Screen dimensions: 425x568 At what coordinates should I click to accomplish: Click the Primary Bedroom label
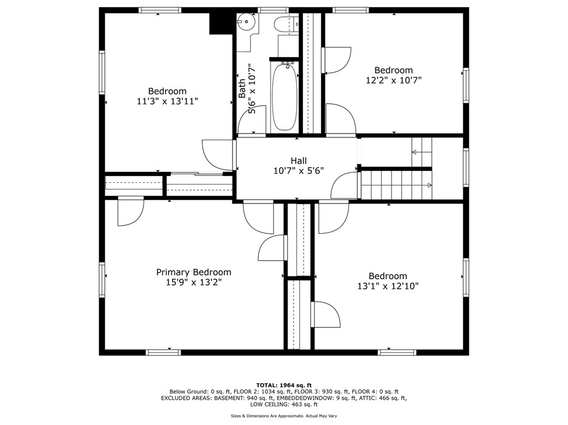(x=193, y=272)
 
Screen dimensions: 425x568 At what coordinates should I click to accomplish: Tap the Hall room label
(x=298, y=161)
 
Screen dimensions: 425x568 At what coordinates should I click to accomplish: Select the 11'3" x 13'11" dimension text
(x=167, y=101)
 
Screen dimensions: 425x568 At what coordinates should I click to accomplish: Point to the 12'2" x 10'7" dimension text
(x=393, y=80)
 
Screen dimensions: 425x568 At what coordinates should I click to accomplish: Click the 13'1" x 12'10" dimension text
(x=388, y=286)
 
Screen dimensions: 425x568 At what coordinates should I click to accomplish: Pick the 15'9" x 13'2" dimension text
(x=193, y=283)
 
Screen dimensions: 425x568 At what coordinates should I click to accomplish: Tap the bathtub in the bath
(x=284, y=98)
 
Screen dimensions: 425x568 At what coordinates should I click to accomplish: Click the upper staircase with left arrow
(x=422, y=151)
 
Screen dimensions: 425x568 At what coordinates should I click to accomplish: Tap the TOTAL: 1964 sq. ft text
(x=283, y=385)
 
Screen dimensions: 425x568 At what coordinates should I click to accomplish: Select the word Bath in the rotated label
(x=242, y=88)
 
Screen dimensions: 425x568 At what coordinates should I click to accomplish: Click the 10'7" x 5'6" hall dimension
(x=298, y=171)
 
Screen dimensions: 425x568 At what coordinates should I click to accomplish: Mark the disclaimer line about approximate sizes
(x=283, y=415)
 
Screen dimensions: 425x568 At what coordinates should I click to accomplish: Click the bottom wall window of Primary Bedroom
(x=163, y=352)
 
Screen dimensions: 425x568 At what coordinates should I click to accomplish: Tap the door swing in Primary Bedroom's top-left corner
(x=131, y=211)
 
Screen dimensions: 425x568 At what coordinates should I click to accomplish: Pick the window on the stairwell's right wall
(x=465, y=167)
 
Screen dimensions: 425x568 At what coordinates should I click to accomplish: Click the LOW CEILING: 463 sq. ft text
(x=283, y=404)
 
